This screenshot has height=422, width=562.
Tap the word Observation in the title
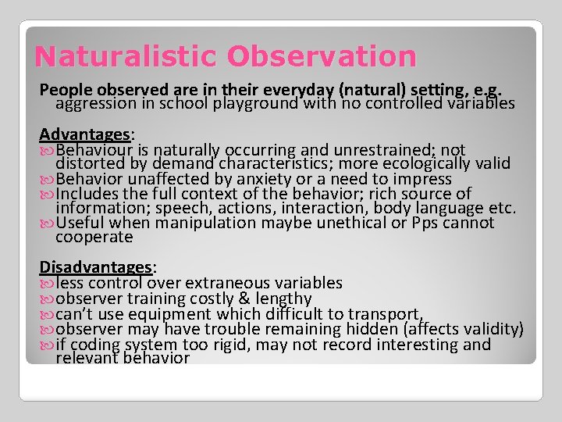(322, 56)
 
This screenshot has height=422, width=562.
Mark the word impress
(422, 179)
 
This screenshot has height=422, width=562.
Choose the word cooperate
(94, 237)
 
